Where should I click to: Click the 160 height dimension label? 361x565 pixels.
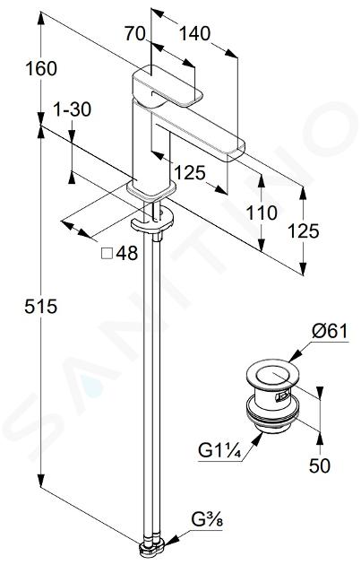pyautogui.click(x=41, y=68)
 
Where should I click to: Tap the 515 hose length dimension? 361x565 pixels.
pyautogui.click(x=41, y=307)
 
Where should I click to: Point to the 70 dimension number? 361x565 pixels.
pyautogui.click(x=134, y=34)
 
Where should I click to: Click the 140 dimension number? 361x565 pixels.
pyautogui.click(x=194, y=34)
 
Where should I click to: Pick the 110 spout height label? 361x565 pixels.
pyautogui.click(x=262, y=213)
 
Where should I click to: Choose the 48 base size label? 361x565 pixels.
pyautogui.click(x=126, y=253)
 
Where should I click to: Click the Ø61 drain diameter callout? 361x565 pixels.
pyautogui.click(x=330, y=331)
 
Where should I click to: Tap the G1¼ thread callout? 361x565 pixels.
pyautogui.click(x=219, y=451)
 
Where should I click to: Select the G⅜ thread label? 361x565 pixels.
pyautogui.click(x=207, y=520)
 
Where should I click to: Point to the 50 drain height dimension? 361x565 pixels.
pyautogui.click(x=319, y=465)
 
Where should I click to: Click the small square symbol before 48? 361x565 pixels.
pyautogui.click(x=107, y=254)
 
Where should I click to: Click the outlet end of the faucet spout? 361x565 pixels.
pyautogui.click(x=236, y=152)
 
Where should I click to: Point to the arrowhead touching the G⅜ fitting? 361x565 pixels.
pyautogui.click(x=171, y=539)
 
